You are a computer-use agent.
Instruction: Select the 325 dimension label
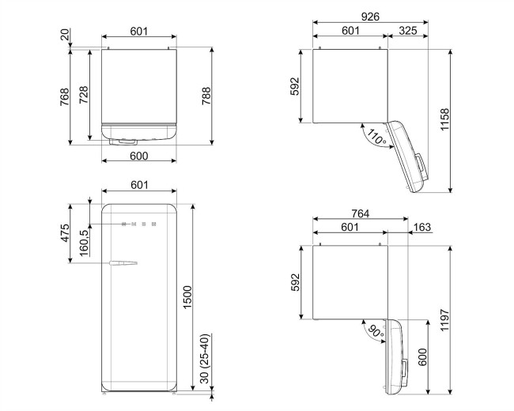[x=409, y=31]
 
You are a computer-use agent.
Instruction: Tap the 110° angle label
[x=375, y=138]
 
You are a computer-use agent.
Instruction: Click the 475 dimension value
[x=67, y=235]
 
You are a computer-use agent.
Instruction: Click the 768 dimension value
[x=67, y=96]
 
